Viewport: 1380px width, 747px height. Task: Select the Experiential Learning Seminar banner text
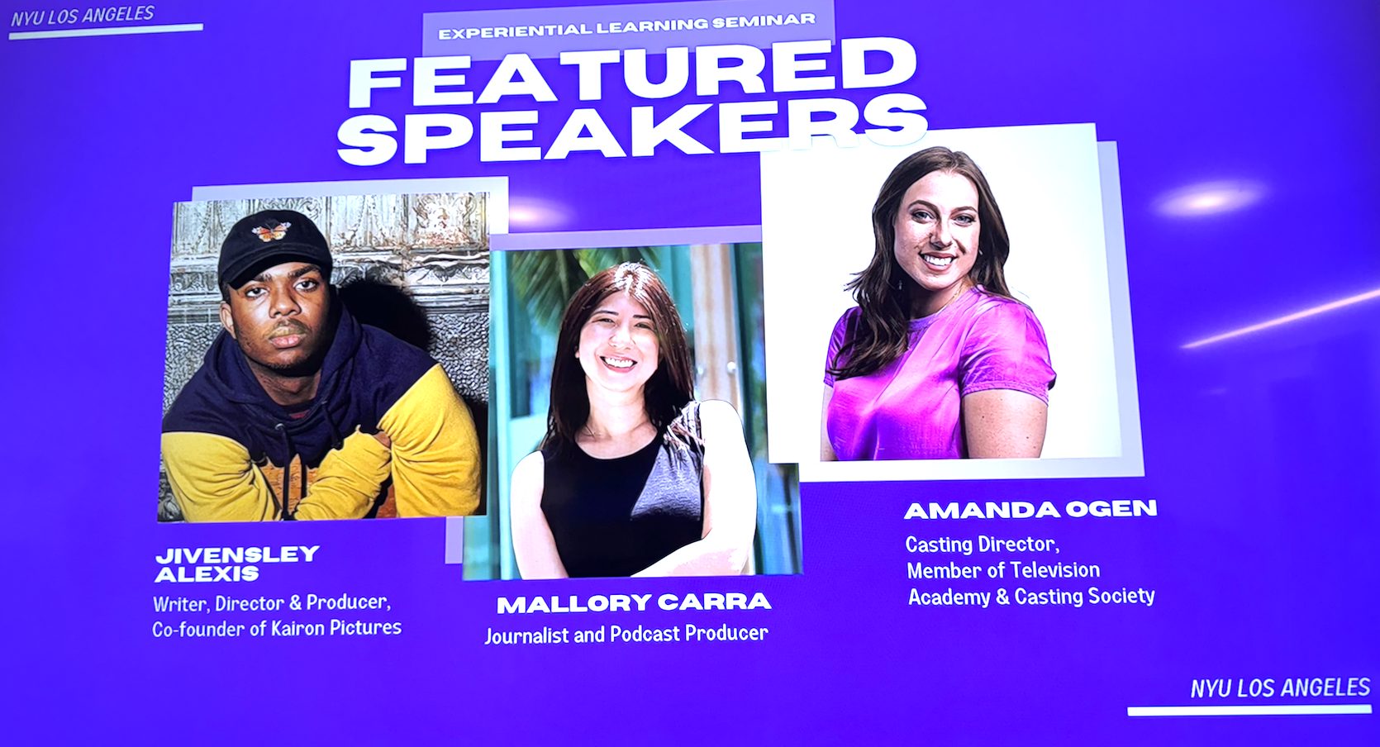point(626,26)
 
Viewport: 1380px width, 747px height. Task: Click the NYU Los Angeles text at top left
point(83,15)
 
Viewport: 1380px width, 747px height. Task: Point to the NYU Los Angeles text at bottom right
point(1280,688)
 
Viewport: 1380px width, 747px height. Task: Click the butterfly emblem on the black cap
point(271,231)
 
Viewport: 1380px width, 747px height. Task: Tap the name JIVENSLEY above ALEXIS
point(237,554)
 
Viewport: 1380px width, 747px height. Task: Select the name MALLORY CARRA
point(633,603)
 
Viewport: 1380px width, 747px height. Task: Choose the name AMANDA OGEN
point(1030,509)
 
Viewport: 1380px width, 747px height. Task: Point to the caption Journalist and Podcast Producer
point(626,635)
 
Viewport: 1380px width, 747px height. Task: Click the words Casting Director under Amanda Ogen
point(982,545)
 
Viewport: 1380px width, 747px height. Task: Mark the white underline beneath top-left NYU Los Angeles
point(106,31)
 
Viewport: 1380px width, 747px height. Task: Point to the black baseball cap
point(274,246)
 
